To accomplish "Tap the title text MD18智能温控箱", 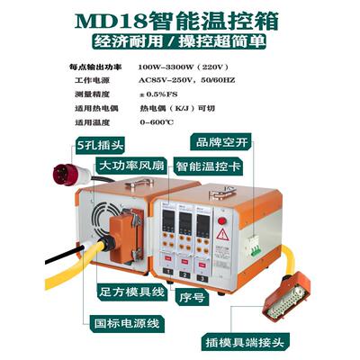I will coord(180,19).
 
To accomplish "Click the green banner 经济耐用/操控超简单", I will coord(180,42).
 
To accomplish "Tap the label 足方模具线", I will coord(131,292).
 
